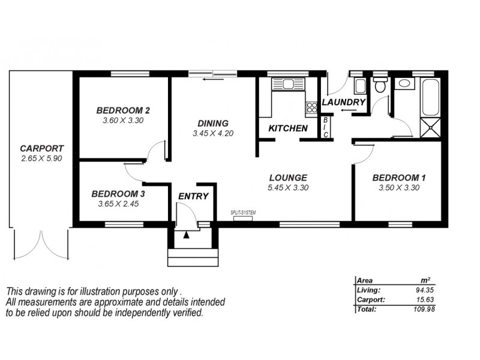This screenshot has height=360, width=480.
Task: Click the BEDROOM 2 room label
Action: click(x=123, y=110)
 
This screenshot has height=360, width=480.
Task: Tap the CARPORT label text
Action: click(x=41, y=148)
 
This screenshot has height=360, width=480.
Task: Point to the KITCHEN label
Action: click(x=288, y=128)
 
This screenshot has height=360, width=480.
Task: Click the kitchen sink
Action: click(x=287, y=84)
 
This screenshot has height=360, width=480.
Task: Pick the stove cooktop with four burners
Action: click(x=312, y=108)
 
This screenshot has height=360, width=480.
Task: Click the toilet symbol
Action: click(x=380, y=85)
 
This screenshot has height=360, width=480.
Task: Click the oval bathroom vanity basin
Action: click(x=404, y=83)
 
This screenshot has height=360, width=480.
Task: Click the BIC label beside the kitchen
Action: click(x=326, y=127)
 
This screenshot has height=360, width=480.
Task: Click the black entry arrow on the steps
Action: click(x=186, y=235)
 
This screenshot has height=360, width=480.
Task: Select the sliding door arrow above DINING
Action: click(x=209, y=79)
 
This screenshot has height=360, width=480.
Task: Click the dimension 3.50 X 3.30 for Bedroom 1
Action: click(x=399, y=187)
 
